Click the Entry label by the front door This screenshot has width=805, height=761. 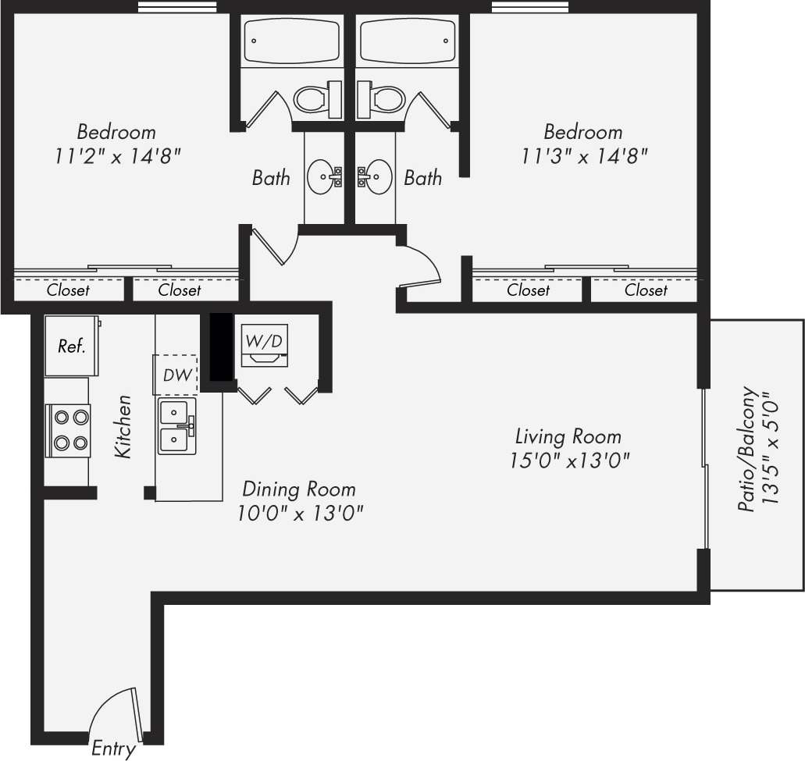click(x=113, y=749)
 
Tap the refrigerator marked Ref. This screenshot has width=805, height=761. click(x=71, y=346)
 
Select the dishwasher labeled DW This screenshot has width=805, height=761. click(x=176, y=375)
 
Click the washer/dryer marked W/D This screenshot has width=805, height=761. click(x=262, y=343)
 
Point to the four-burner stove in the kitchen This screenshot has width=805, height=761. click(x=69, y=431)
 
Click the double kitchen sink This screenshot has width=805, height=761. click(x=177, y=426)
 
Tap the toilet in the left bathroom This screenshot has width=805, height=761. click(x=317, y=98)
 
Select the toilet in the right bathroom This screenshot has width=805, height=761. click(x=383, y=98)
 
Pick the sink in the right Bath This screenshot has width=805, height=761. click(x=376, y=177)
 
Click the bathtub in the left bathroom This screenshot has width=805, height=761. click(x=292, y=41)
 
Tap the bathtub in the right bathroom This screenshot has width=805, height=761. click(x=407, y=41)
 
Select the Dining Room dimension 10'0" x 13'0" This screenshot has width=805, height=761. click(x=301, y=514)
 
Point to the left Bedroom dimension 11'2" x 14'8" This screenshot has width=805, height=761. click(x=118, y=155)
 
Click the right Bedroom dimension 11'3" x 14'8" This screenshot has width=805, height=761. click(x=585, y=155)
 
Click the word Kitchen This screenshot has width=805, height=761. click(x=123, y=427)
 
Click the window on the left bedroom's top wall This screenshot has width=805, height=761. click(x=177, y=7)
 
